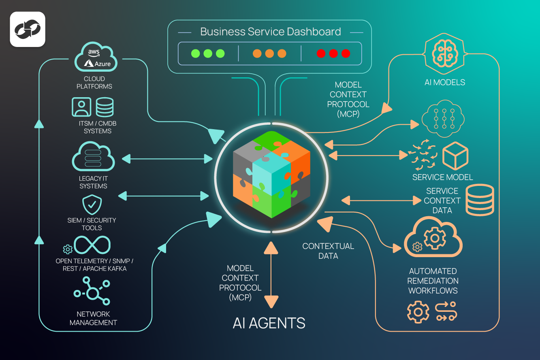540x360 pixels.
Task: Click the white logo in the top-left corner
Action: click(28, 30)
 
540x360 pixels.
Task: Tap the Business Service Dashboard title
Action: click(270, 32)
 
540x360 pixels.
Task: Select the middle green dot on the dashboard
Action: click(208, 53)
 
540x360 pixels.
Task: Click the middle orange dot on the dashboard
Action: click(269, 53)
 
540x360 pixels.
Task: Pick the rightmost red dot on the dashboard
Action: click(346, 53)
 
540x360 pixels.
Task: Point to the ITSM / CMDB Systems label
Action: click(98, 127)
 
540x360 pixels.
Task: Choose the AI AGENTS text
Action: click(269, 323)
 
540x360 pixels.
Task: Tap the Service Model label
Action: click(442, 177)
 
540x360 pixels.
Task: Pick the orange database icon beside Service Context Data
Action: click(480, 200)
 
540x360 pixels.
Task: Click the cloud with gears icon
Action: click(433, 239)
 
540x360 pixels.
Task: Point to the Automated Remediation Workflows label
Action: click(433, 281)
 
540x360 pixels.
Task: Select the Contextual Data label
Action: click(328, 251)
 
